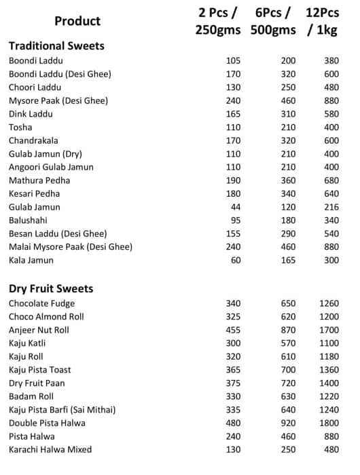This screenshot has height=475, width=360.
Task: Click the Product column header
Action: (77, 21)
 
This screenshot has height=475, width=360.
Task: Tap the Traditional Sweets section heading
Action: (56, 46)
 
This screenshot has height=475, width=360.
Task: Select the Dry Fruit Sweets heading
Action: (51, 288)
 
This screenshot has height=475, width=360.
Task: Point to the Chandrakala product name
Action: (31, 140)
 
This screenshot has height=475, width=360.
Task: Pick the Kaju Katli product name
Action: (27, 343)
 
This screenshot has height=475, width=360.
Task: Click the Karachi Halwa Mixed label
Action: (50, 449)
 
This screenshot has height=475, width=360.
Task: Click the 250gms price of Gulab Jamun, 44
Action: (236, 207)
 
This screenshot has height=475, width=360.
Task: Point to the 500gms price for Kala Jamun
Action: (288, 260)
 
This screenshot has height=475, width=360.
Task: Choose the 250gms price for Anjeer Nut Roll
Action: (233, 330)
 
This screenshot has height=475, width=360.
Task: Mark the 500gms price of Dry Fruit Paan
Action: (288, 383)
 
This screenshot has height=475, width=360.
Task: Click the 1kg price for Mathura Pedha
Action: (331, 180)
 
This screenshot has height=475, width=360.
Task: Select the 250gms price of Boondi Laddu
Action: (233, 61)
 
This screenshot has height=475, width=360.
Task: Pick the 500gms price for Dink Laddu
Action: (288, 114)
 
